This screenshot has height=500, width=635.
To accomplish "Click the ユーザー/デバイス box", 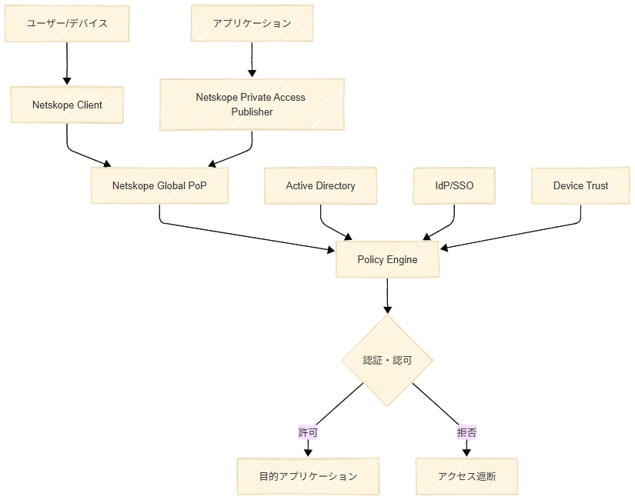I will (66, 23).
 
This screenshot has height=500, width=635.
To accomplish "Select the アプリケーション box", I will (252, 23).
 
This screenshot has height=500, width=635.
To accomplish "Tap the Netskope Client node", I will (67, 105).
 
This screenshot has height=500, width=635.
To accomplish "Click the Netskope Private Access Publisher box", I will (252, 105).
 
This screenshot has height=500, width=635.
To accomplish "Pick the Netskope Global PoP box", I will (159, 185).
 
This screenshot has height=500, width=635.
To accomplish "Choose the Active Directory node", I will (320, 185).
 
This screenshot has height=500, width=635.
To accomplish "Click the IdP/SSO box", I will (454, 185).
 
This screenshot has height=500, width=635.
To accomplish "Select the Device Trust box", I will (580, 185).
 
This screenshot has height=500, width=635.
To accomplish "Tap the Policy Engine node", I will (387, 259).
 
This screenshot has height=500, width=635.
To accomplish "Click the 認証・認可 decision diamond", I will (387, 360).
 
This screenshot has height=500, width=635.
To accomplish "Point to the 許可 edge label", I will (308, 432).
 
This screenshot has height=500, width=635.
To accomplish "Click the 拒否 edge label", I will (466, 432).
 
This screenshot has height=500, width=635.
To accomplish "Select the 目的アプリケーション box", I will (308, 476).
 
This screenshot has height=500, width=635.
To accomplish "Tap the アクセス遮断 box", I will (466, 476).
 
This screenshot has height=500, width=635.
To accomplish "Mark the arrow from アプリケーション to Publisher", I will (252, 59).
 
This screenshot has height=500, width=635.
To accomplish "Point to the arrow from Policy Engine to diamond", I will (387, 296).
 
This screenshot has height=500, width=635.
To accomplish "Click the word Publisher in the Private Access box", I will (252, 112).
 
